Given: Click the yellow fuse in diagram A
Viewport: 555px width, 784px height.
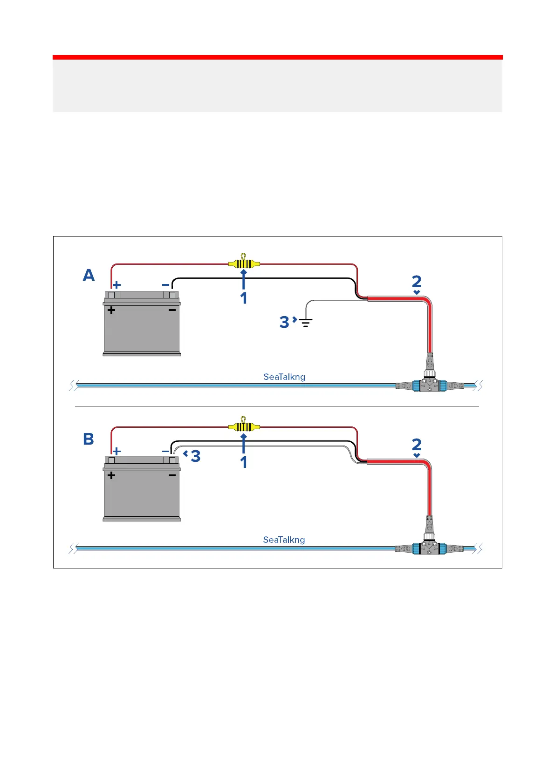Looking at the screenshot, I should (x=244, y=264).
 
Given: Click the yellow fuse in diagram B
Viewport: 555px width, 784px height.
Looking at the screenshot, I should (x=244, y=426).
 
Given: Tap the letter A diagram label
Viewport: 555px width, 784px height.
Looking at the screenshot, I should (x=89, y=276).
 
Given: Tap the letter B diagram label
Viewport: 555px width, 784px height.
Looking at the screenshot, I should (x=89, y=439).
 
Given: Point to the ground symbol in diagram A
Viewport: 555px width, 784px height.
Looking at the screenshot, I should (x=306, y=322).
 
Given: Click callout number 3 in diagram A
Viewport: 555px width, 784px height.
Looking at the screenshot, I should (x=284, y=322).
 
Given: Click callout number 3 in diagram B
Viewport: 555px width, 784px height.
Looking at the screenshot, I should (x=196, y=456).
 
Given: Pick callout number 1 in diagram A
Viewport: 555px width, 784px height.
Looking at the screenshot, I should (x=243, y=298).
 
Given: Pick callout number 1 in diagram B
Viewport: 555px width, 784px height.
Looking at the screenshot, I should (x=243, y=462).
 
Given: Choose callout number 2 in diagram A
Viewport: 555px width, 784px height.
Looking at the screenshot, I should (x=417, y=281).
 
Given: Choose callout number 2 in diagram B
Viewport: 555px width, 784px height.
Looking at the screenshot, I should (x=417, y=445).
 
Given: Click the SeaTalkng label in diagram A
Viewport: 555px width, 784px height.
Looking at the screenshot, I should (x=284, y=377).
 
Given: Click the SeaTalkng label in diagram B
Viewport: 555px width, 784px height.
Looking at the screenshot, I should (x=284, y=540).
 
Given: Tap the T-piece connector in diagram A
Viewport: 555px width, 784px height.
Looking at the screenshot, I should (x=429, y=384).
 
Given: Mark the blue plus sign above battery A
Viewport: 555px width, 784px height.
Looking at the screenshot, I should (x=117, y=284).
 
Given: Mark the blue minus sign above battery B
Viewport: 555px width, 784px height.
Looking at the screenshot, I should (x=165, y=451).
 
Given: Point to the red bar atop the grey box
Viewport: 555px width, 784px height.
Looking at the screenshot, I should (x=277, y=57).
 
